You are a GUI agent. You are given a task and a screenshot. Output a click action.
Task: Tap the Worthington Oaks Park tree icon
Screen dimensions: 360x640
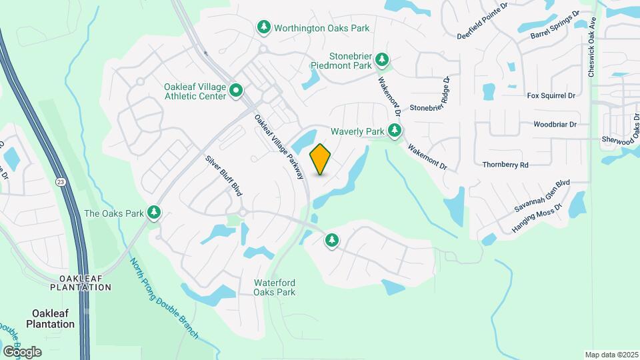(x=264, y=27)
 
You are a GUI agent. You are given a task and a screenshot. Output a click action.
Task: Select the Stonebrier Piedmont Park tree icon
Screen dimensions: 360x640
(x=382, y=60)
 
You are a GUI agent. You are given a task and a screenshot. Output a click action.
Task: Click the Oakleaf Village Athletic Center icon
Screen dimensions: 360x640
(x=236, y=91)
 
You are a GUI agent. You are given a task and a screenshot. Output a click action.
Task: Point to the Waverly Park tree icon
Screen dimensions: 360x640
(x=395, y=131)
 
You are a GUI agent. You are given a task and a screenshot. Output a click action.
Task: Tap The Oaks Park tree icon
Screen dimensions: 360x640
(x=155, y=213)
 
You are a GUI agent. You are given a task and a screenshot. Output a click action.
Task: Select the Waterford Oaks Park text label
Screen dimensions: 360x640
(x=274, y=287)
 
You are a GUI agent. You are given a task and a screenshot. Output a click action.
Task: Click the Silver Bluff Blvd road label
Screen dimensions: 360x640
(x=223, y=175)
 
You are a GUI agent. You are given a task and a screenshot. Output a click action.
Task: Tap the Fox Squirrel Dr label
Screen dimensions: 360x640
(x=551, y=96)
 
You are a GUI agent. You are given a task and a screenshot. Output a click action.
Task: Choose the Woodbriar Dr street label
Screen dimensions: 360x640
(x=555, y=125)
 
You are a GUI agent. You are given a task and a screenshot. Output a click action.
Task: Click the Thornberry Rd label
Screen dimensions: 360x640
(x=505, y=164)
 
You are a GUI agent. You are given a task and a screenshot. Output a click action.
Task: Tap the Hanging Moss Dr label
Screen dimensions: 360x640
(x=537, y=217)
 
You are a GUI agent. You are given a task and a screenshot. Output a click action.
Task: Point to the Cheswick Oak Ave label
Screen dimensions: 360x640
(x=591, y=47)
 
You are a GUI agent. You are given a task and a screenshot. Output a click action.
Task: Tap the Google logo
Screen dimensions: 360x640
(x=22, y=351)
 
